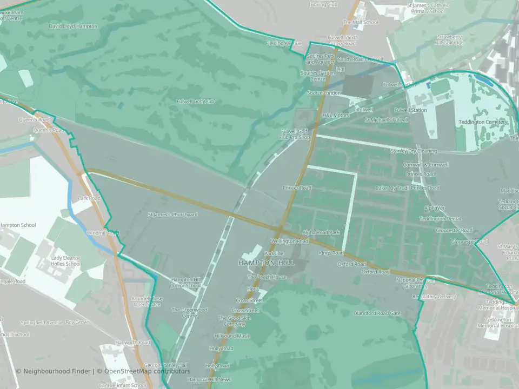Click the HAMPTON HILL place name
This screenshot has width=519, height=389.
[x=267, y=263]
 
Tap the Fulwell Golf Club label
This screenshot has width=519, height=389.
[x=196, y=101]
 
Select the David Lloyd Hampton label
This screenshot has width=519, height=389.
[x=73, y=26]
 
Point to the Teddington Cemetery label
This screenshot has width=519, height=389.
[x=483, y=122]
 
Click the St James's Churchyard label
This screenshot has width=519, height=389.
[x=173, y=214]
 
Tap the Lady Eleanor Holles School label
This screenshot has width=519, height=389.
[x=66, y=261]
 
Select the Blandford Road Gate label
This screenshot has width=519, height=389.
[x=377, y=313]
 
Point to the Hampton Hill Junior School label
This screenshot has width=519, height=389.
[x=186, y=282]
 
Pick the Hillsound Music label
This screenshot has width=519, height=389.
[x=232, y=336]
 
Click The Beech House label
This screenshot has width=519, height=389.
[x=267, y=277]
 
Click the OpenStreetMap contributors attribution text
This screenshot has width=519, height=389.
[x=147, y=371]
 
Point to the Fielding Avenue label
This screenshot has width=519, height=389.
[x=283, y=43]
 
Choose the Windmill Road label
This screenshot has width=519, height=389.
[x=103, y=233]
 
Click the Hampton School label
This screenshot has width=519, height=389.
[x=17, y=225]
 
